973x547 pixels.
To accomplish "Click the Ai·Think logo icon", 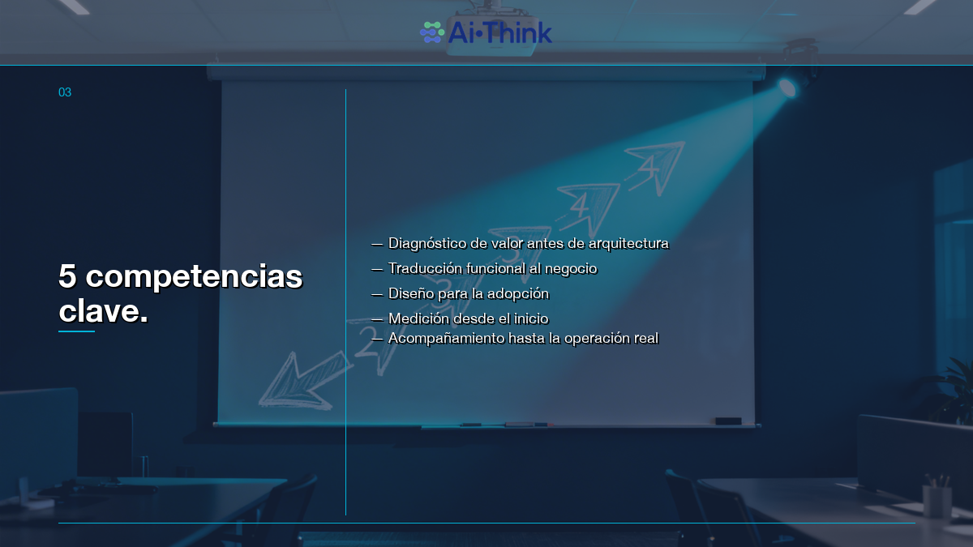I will (432, 32).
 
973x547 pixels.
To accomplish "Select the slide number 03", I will (65, 92).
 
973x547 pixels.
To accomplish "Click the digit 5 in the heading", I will (67, 277).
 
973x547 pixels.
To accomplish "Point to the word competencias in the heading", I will (194, 277).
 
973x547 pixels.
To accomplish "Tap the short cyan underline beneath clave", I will (76, 331).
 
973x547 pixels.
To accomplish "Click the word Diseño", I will (411, 293).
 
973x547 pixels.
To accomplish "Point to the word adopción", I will (519, 293).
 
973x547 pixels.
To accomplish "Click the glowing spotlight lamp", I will (787, 88).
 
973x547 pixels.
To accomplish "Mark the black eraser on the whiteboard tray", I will (727, 421).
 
